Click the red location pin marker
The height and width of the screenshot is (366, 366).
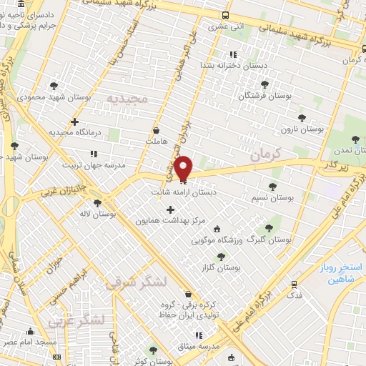[x=183, y=168]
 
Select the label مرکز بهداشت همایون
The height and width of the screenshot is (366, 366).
[x=170, y=222]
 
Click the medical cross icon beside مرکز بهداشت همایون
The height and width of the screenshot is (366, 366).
[x=170, y=210]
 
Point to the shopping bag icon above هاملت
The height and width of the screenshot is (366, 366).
[x=157, y=130]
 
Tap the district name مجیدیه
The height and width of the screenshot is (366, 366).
[x=127, y=98]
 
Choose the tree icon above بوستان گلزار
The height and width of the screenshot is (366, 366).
[x=220, y=257]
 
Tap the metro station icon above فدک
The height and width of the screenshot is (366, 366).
[x=294, y=284]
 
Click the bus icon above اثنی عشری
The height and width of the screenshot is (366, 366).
[x=226, y=15]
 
